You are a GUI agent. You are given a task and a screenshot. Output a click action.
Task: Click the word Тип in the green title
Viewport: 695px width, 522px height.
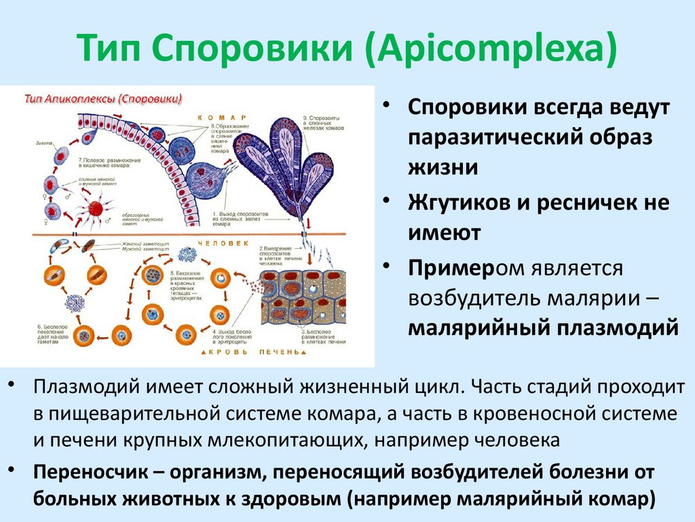point(110,49)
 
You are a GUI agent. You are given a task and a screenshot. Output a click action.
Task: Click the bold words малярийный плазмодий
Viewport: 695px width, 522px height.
point(542,327)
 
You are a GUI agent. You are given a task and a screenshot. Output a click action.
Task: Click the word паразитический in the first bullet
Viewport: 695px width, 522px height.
point(491,138)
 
